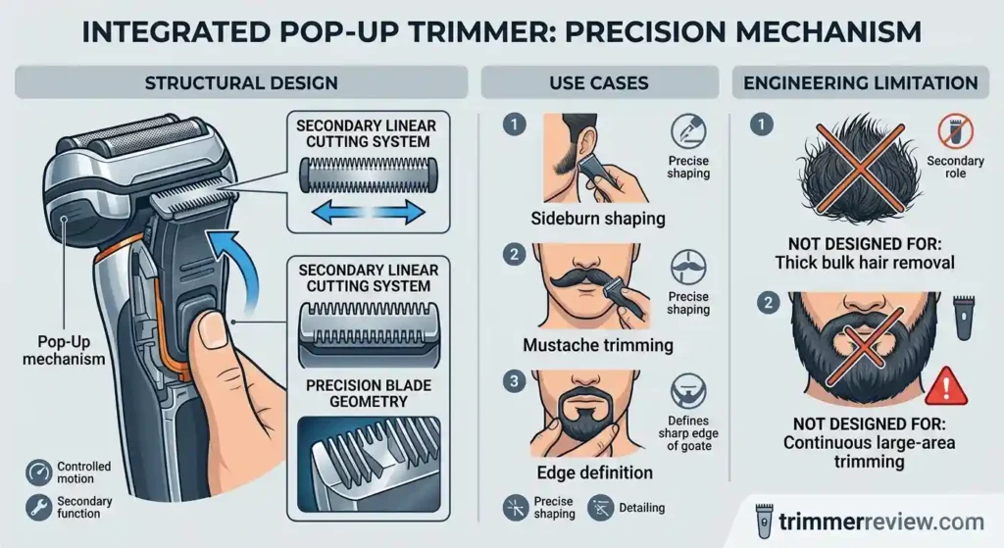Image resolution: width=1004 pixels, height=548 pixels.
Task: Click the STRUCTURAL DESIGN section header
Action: tap(241, 83)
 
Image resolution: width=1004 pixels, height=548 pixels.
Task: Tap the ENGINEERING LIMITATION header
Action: tap(861, 83)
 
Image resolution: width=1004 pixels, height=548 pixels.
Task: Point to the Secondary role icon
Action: tap(950, 133)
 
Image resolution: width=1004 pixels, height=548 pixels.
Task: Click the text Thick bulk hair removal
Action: tap(863, 262)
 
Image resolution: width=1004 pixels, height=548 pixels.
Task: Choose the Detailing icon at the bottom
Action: tap(597, 508)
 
